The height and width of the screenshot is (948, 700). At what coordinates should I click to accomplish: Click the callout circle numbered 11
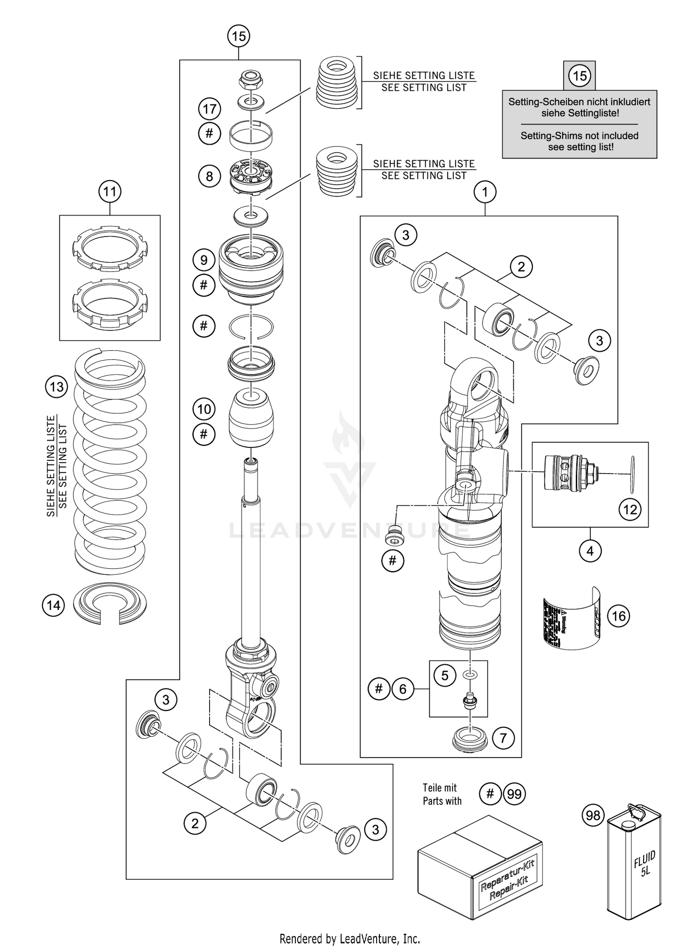pos(110,192)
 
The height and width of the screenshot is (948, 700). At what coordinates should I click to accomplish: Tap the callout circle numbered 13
pos(56,387)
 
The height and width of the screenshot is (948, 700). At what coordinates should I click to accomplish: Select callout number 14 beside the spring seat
pos(53,605)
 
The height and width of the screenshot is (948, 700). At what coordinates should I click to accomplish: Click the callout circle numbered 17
pos(210,109)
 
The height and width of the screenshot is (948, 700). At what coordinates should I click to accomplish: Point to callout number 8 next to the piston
pos(210,176)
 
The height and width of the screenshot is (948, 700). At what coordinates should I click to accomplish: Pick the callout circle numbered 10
pos(204,409)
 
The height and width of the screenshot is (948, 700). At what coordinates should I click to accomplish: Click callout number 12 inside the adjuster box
pos(630,509)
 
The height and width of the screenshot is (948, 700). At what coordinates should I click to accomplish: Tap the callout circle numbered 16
pos(618,616)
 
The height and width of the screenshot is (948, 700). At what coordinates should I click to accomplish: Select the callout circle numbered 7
pos(503,738)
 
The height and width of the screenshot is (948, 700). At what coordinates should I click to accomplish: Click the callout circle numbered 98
pos(593,816)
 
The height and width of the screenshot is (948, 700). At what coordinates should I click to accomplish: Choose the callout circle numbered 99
pos(514,794)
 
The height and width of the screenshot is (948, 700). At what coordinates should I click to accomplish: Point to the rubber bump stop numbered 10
pos(251,418)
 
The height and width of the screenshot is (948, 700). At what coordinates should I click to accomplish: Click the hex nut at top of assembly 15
pos(251,80)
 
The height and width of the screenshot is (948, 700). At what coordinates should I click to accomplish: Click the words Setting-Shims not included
pos(579,136)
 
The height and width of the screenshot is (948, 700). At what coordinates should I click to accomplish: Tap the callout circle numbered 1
pos(485,192)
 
